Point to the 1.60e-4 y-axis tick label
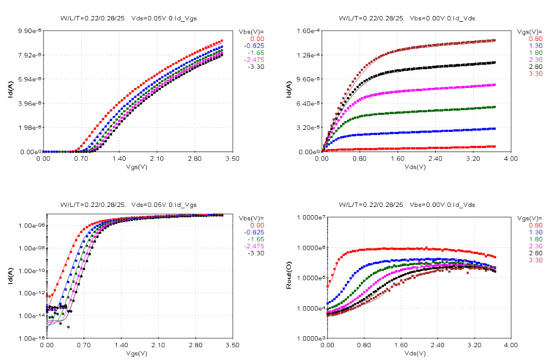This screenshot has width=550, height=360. (308, 31)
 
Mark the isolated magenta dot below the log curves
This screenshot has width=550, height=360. (69, 327)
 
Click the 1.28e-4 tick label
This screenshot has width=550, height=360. (308, 55)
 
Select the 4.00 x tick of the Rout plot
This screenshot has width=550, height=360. (510, 344)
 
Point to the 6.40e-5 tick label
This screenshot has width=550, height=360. (308, 104)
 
